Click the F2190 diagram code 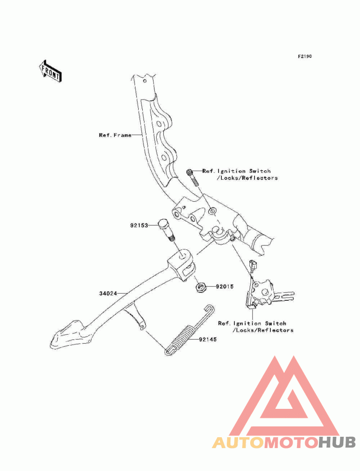304,57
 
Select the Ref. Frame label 115,135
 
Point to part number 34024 108,293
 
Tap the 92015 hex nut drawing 201,286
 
